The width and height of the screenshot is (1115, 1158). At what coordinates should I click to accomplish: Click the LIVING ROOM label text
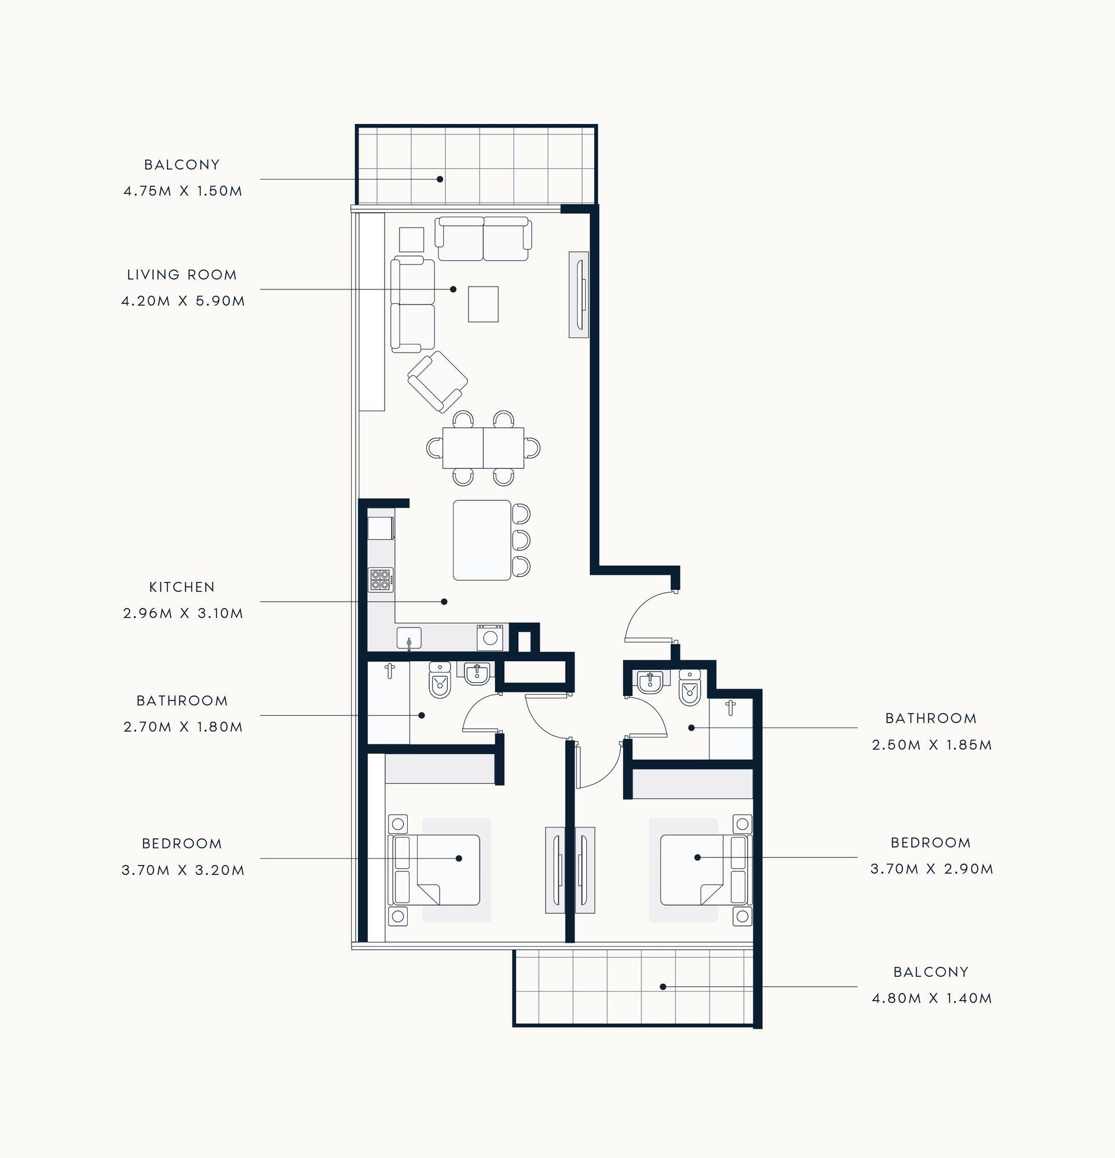pyautogui.click(x=182, y=274)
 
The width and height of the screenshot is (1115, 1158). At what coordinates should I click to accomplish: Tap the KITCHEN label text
pyautogui.click(x=182, y=587)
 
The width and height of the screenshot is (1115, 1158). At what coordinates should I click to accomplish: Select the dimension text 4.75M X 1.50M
pyautogui.click(x=182, y=192)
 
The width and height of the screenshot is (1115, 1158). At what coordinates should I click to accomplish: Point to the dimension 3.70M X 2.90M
pyautogui.click(x=931, y=869)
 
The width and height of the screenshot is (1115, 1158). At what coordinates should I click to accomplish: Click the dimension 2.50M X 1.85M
pyautogui.click(x=932, y=745)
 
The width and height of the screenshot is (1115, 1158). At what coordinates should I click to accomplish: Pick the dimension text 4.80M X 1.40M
pyautogui.click(x=932, y=998)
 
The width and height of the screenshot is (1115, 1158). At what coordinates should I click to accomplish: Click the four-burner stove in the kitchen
pyautogui.click(x=381, y=580)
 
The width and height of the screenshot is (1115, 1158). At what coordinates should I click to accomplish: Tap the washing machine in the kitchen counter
pyautogui.click(x=491, y=637)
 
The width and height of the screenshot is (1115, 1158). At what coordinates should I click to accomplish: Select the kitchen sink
pyautogui.click(x=409, y=638)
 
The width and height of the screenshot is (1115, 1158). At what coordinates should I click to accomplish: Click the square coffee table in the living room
pyautogui.click(x=483, y=305)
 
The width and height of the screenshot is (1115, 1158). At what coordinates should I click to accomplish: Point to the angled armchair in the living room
pyautogui.click(x=437, y=382)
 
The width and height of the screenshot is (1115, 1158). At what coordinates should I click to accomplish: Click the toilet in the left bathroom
pyautogui.click(x=439, y=680)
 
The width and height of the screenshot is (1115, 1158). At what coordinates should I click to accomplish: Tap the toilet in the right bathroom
pyautogui.click(x=690, y=687)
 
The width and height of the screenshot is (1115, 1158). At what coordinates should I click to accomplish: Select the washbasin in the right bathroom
pyautogui.click(x=650, y=682)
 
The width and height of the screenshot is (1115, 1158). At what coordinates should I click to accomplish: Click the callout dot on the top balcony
pyautogui.click(x=440, y=179)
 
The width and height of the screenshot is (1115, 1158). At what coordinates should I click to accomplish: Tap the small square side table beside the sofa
pyautogui.click(x=411, y=240)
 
